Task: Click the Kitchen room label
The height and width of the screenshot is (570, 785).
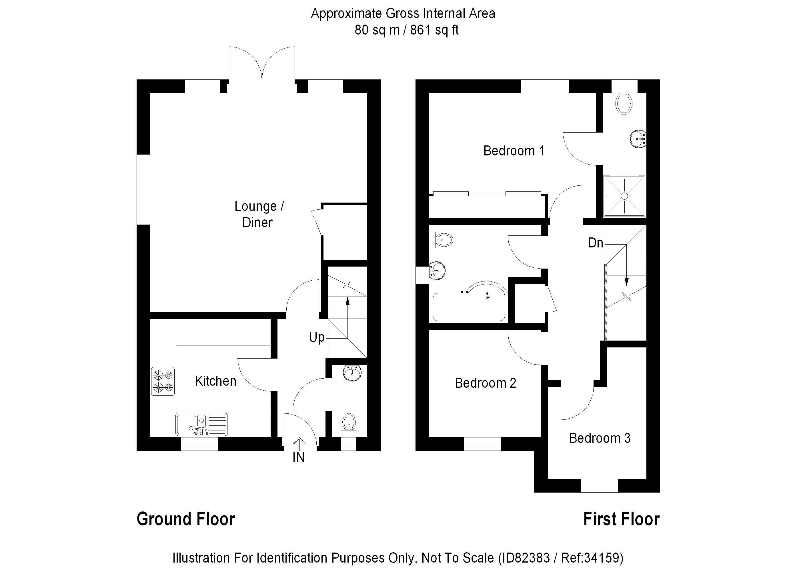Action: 215,381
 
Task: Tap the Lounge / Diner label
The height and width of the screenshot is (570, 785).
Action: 259,214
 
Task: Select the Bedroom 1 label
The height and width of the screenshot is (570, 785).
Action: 514,151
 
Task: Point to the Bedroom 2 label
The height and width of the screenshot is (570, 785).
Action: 485,383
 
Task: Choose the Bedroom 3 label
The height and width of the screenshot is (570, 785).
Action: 600,438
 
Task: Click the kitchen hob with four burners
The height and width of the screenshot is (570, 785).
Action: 163,381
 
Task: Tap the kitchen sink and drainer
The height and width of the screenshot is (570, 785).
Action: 201,424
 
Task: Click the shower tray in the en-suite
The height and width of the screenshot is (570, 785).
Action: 624,196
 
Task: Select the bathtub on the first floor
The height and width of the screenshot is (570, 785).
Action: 469,305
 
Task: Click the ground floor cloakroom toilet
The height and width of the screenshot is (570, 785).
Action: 349,423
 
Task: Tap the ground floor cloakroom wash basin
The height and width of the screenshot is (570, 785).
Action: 352,373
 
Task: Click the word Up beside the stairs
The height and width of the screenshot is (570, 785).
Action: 316,337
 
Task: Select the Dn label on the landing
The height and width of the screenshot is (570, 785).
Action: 595,243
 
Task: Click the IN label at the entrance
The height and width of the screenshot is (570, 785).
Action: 298,457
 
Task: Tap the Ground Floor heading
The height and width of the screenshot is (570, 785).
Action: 186,519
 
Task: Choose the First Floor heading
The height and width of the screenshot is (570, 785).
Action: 621,519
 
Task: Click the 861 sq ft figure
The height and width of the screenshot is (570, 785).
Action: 434,30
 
